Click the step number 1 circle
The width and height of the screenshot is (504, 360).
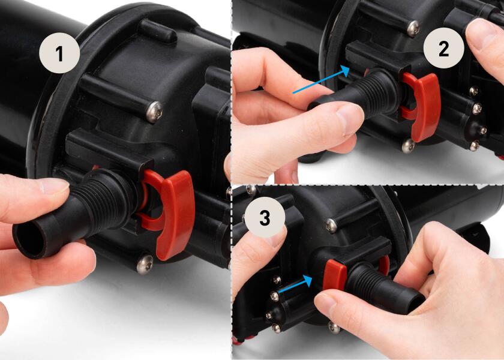tap(59, 54)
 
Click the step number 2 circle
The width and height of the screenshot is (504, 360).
tap(443, 49)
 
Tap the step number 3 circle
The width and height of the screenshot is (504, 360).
tap(265, 218)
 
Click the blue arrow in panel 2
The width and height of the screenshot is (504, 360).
tap(320, 80)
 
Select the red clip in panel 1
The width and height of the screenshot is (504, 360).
tap(173, 210)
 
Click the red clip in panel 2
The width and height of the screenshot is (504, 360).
tap(424, 103)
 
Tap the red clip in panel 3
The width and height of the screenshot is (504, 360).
tap(335, 275)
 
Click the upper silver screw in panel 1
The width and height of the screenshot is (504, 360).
tap(154, 112)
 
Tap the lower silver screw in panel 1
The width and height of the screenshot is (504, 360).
tap(144, 263)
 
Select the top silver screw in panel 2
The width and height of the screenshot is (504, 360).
tap(413, 27)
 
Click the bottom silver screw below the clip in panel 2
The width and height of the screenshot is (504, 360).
tap(407, 145)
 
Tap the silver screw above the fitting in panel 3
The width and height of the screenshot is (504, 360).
tap(331, 225)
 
